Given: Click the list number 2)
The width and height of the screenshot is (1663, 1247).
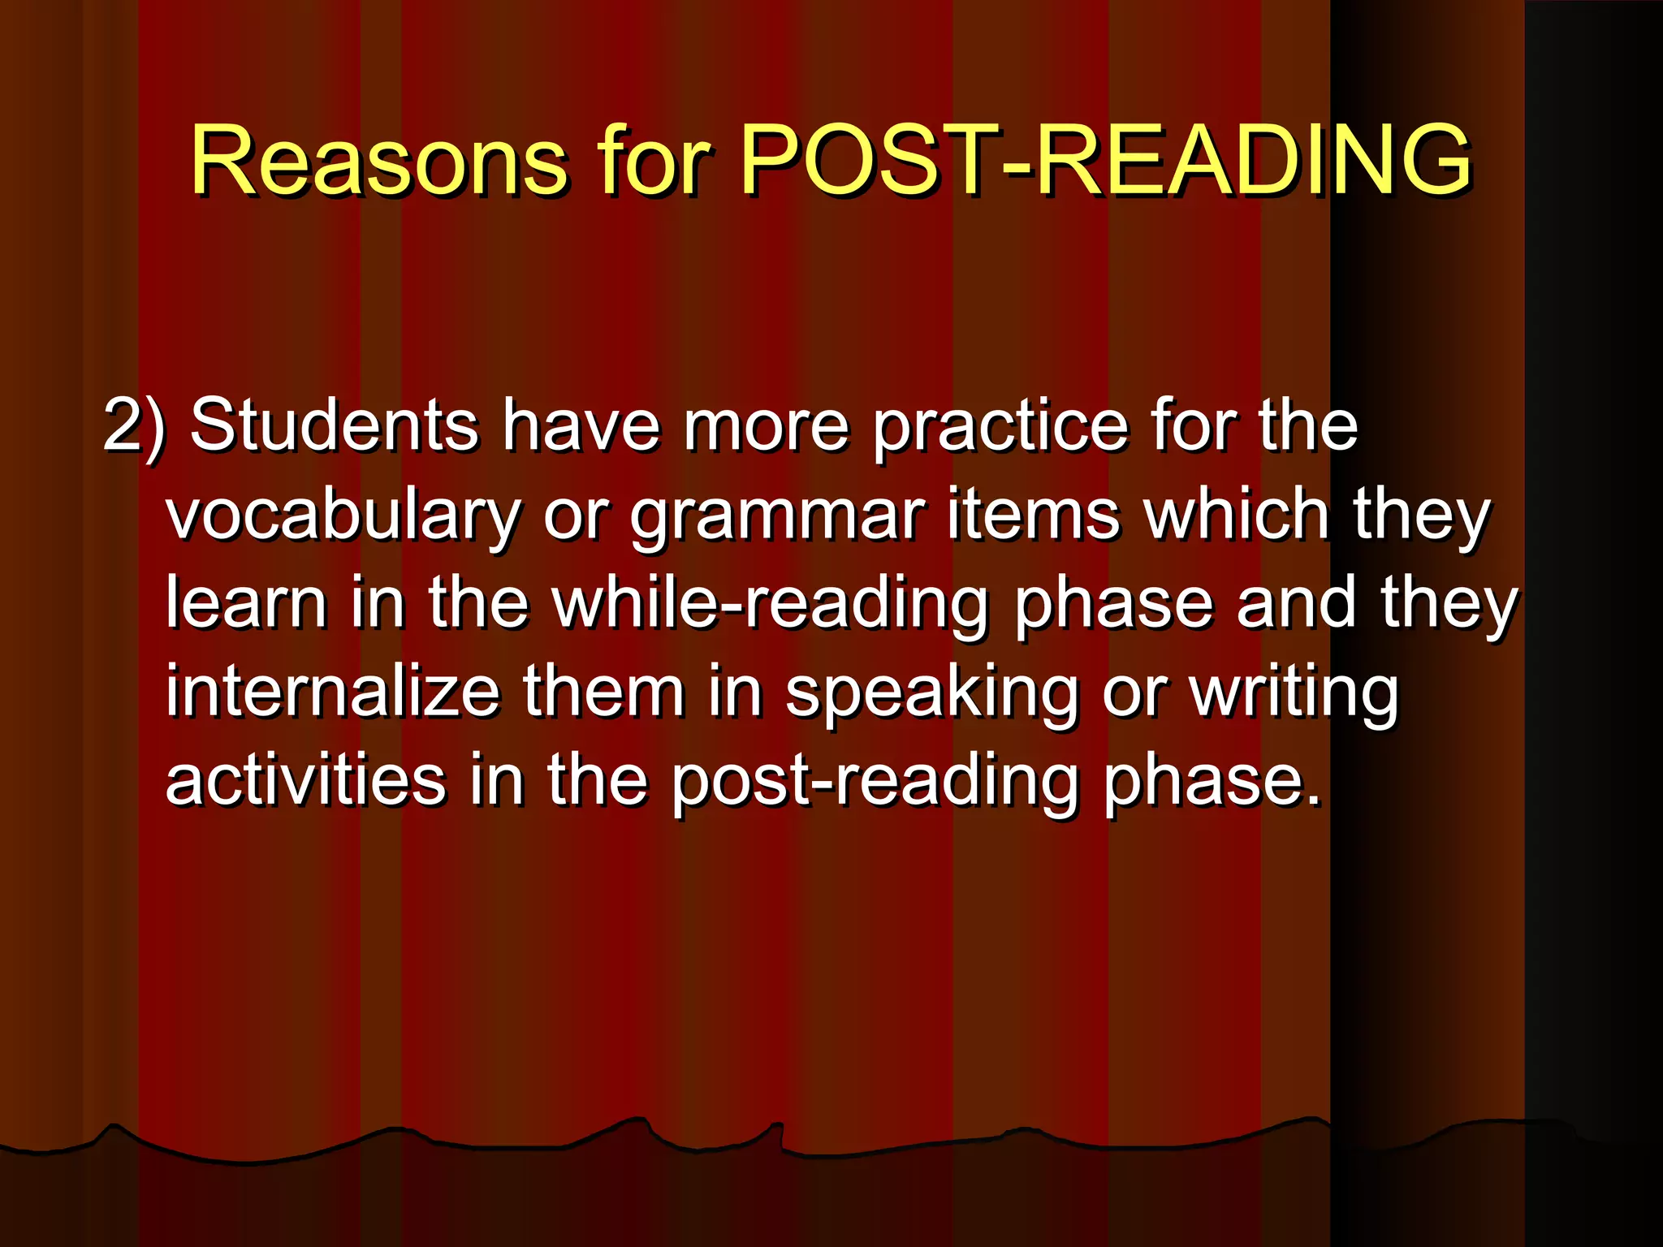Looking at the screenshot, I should (134, 426).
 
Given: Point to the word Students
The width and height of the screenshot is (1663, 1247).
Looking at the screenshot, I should (334, 426).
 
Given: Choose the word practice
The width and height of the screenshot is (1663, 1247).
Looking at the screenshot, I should (1000, 426).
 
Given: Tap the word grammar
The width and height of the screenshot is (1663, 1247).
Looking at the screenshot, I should (777, 516).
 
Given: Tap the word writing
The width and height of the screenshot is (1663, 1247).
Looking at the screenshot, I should (1294, 694).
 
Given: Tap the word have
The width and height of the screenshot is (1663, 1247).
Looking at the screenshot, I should (581, 426).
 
